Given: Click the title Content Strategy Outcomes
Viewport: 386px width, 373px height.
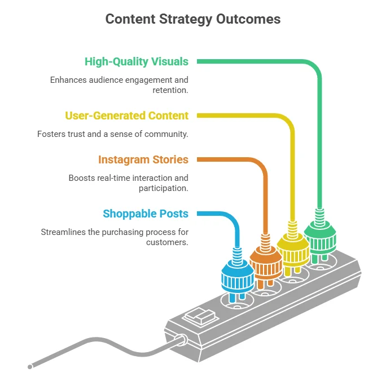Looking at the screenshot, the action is click(193, 19).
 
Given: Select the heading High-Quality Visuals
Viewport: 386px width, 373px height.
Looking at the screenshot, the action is click(137, 61).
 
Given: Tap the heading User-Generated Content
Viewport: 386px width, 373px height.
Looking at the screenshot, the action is click(127, 116).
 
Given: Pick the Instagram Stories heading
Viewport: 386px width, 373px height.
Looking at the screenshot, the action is click(143, 159).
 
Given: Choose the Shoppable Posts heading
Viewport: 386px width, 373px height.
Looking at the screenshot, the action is click(146, 214).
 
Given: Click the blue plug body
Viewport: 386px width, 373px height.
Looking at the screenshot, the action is click(238, 275).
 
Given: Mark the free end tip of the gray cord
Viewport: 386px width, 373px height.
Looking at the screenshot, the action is click(30, 367).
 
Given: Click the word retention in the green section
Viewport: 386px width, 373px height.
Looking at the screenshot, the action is click(170, 90).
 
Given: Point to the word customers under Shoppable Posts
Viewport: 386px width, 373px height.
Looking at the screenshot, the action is click(166, 242).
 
